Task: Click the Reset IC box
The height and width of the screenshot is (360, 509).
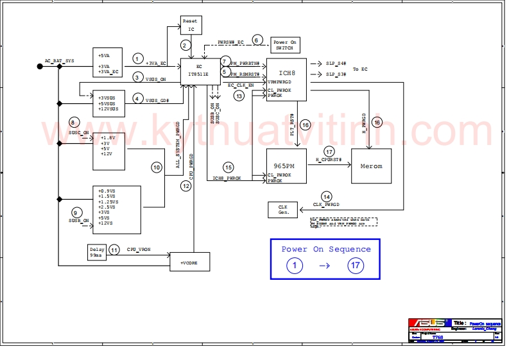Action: click(x=191, y=25)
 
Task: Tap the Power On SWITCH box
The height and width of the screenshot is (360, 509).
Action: click(x=285, y=45)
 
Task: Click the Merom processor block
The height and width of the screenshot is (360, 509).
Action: click(x=371, y=166)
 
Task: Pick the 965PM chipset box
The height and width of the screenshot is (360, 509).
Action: click(x=286, y=166)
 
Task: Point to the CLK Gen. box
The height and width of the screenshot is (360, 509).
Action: click(x=283, y=209)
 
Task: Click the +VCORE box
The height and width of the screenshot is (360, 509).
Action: click(x=189, y=262)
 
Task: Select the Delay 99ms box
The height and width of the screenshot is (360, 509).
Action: click(x=96, y=252)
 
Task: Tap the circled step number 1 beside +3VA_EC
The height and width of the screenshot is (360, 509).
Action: click(x=137, y=58)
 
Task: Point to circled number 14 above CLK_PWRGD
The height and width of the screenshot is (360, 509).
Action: click(x=327, y=196)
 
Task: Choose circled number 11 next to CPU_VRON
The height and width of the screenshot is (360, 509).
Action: click(x=114, y=250)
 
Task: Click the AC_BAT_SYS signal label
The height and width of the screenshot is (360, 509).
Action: click(x=59, y=61)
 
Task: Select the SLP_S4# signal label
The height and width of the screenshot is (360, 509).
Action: click(x=336, y=64)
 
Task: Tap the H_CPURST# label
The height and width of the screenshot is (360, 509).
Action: click(x=328, y=159)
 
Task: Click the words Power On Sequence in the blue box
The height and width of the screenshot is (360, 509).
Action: click(x=325, y=249)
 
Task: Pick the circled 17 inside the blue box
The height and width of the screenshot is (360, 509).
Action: click(x=355, y=266)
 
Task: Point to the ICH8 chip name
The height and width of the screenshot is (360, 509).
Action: click(x=288, y=73)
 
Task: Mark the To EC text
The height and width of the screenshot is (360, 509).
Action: click(x=360, y=69)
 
